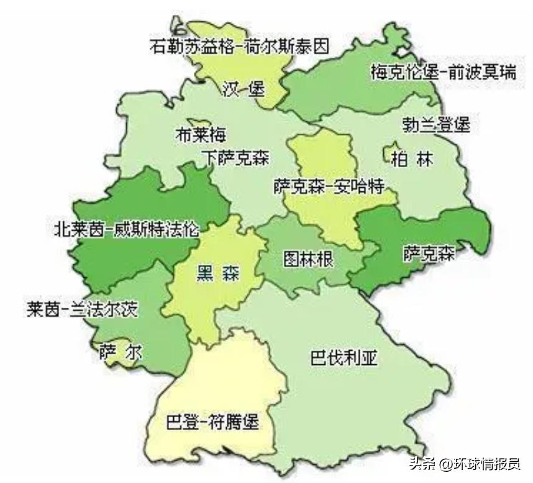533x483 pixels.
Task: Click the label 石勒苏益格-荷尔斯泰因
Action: click(239, 47)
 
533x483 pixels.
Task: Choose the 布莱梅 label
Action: click(201, 134)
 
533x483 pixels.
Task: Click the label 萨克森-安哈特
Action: click(329, 186)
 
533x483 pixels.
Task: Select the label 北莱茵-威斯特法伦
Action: click(126, 229)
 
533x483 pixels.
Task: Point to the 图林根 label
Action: click(308, 258)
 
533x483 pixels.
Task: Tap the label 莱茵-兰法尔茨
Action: click(81, 309)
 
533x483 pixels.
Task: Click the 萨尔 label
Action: click(120, 352)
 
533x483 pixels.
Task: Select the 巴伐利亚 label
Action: click(344, 359)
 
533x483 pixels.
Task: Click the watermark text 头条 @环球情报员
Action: click(464, 464)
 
